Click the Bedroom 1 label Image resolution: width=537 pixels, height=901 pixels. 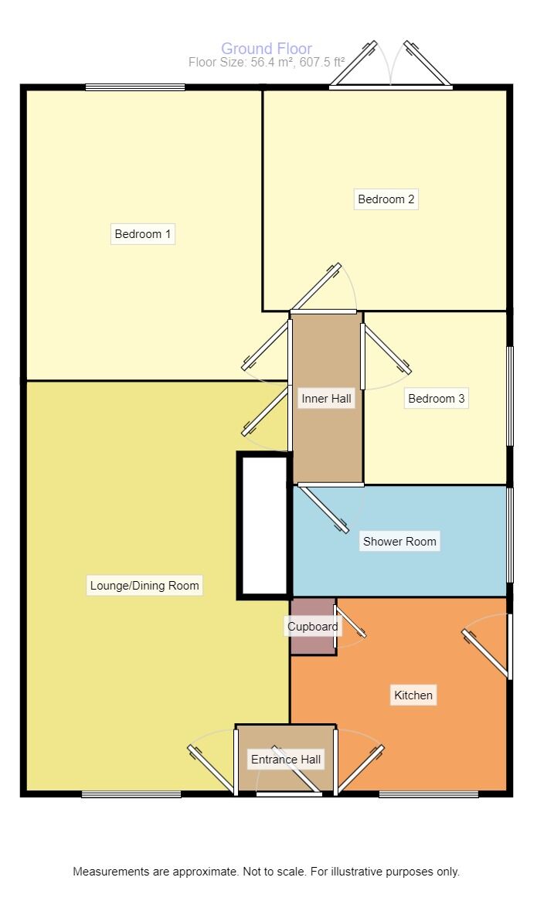click(142, 234)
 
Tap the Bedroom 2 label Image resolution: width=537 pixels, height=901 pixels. click(386, 199)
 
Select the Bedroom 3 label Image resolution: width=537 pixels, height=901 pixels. click(436, 398)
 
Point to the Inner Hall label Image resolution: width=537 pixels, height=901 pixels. click(326, 398)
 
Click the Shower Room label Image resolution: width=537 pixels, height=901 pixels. click(399, 541)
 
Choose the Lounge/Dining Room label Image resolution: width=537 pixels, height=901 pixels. click(144, 586)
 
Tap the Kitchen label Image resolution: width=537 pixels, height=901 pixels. click(413, 695)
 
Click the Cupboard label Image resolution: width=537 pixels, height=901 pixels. click(313, 627)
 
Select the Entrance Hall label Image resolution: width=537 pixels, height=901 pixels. click(286, 759)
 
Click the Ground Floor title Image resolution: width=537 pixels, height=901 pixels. click(267, 49)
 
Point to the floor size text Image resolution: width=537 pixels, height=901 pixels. click(267, 62)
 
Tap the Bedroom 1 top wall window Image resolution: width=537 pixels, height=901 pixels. click(135, 87)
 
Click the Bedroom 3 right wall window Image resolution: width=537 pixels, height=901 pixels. click(509, 396)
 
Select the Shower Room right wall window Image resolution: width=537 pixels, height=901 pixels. click(509, 535)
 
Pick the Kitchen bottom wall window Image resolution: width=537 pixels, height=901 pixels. click(429, 794)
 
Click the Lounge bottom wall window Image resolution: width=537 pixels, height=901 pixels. click(131, 794)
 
